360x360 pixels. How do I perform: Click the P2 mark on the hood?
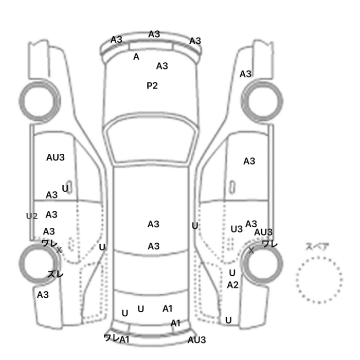point(152,86)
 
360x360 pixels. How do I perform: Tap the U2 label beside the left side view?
point(32,216)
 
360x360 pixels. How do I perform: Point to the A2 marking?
point(232,285)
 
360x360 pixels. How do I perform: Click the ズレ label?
point(55,274)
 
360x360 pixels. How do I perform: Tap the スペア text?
point(318,246)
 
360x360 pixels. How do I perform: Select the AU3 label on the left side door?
point(55,157)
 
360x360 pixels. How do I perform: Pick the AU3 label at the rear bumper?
point(196,340)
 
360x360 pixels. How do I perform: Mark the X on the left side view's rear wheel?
point(59,250)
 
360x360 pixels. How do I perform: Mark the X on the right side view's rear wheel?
point(251,250)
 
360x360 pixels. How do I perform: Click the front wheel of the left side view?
point(40,98)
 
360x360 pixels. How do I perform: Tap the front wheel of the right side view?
point(263,98)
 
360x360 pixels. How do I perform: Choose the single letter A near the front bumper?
point(136,57)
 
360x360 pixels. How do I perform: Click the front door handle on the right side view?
point(233,186)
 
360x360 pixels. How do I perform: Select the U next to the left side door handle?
point(65,189)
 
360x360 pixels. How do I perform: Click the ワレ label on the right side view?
point(269,244)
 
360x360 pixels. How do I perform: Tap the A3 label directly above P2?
point(162,66)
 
